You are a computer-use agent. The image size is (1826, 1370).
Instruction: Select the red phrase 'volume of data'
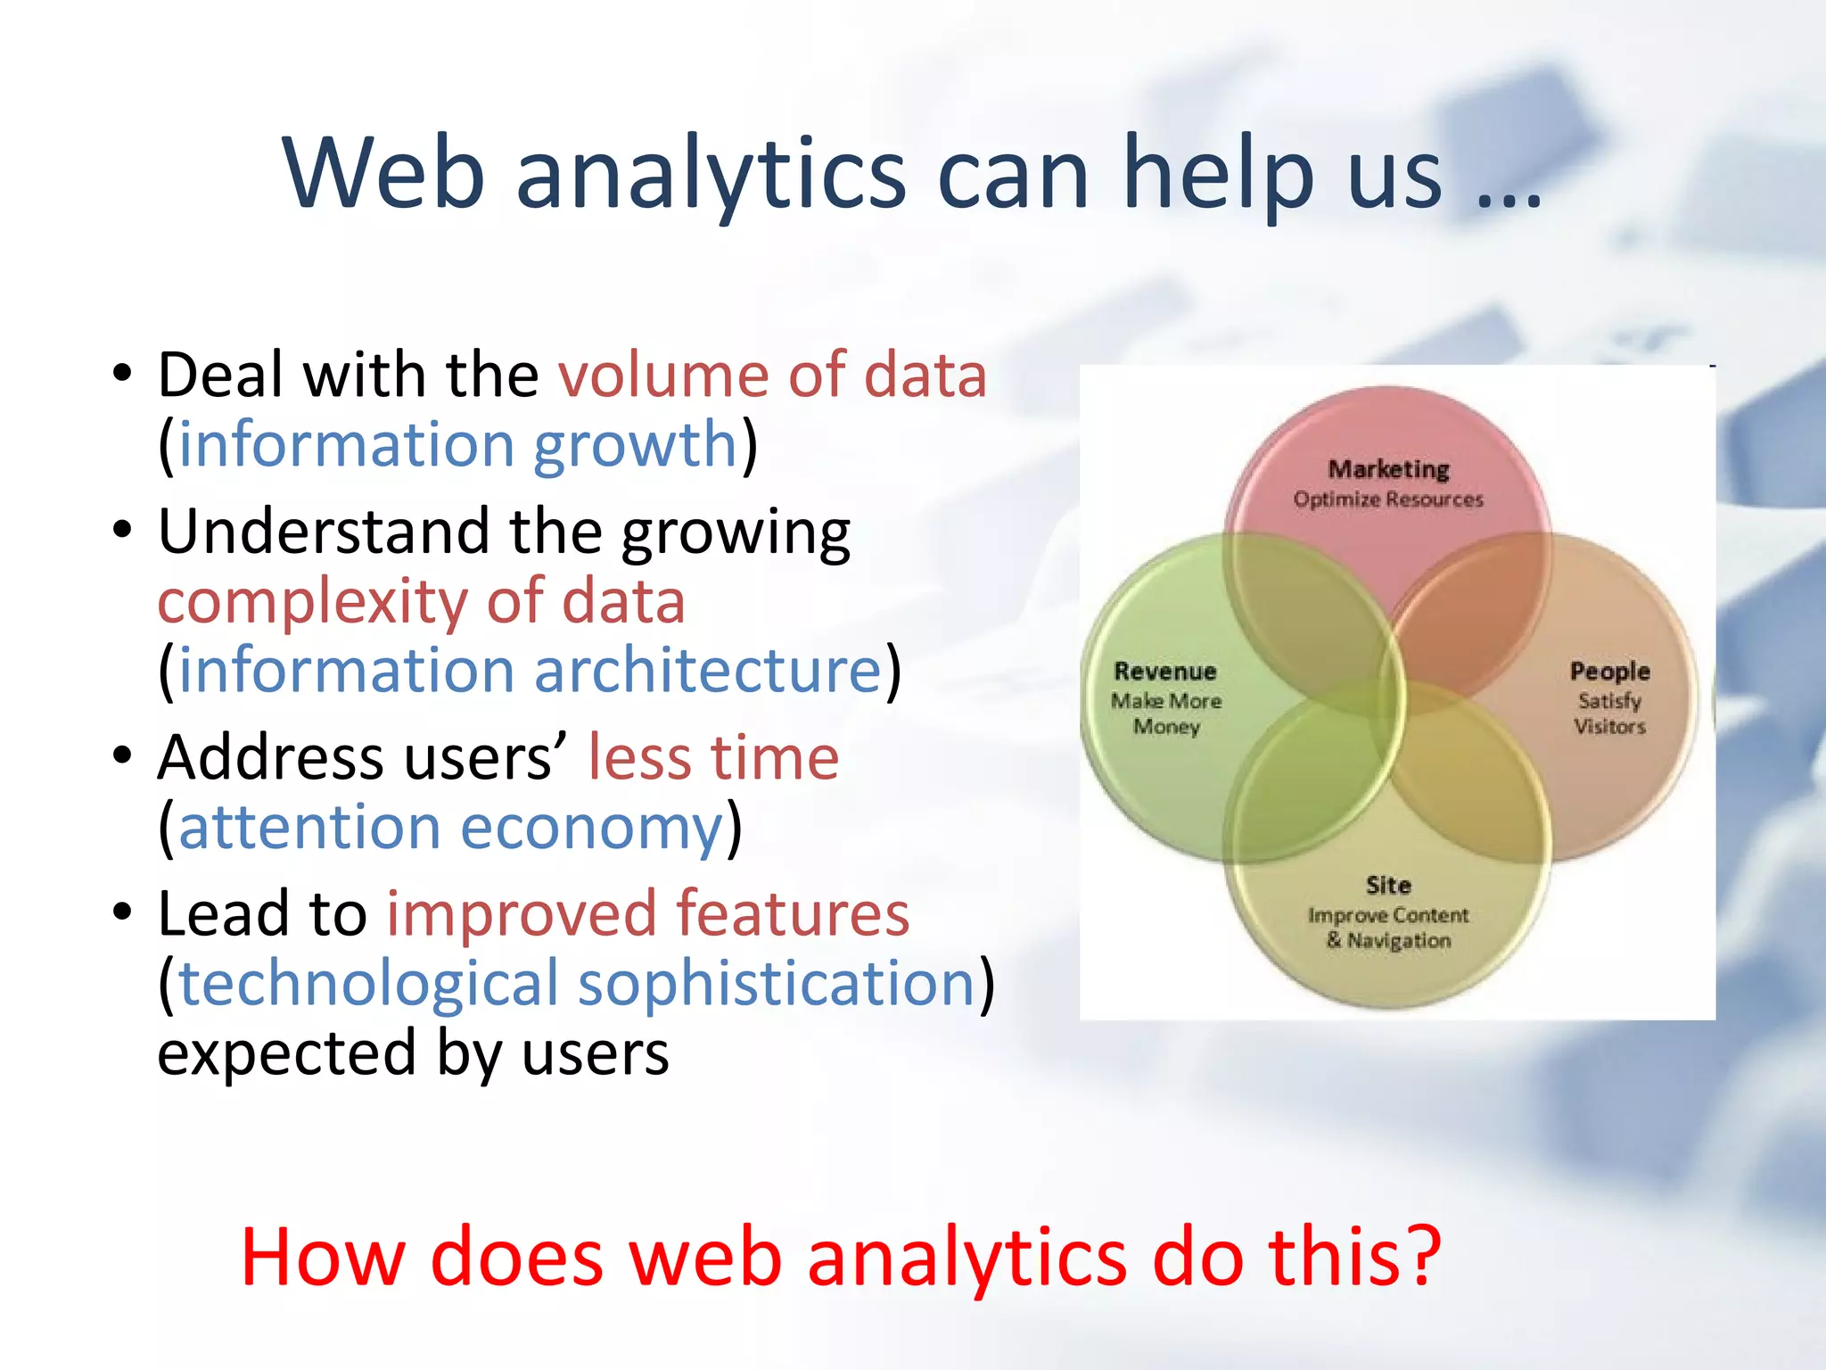pos(772,375)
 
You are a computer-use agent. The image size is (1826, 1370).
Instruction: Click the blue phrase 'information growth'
pos(457,444)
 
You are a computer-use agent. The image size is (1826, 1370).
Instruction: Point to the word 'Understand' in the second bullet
pos(323,532)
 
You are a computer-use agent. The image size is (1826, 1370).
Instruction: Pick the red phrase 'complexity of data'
pos(421,601)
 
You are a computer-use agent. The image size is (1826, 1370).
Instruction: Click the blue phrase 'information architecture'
pos(530,670)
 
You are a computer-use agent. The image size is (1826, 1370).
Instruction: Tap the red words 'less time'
pos(713,758)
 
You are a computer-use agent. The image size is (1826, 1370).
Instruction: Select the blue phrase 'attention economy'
pos(450,828)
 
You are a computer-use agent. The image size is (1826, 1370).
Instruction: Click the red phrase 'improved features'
pos(647,914)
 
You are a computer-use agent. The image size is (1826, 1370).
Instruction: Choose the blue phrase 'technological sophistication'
pos(576,984)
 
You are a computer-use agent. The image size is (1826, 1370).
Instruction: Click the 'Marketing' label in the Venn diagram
pos(1388,469)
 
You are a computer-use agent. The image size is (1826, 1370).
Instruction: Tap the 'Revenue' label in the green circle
pos(1164,672)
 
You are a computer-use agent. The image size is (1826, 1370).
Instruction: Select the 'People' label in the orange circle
pos(1609,672)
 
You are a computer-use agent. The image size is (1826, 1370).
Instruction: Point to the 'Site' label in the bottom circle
pos(1388,886)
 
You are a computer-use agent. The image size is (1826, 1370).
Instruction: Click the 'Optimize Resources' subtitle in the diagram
pos(1388,499)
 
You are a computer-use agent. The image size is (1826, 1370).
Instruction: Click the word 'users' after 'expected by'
pos(595,1053)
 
